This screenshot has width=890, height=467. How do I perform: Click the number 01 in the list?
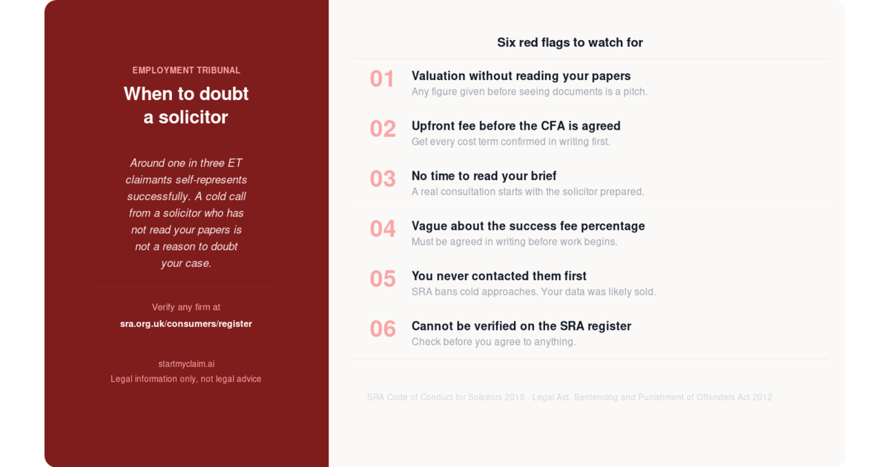382,79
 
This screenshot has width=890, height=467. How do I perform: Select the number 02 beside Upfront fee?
383,129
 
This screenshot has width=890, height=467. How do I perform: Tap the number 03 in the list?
383,179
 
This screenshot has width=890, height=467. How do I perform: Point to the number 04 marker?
383,229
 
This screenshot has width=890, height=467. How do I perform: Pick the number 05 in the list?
383,279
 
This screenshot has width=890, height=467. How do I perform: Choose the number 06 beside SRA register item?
383,329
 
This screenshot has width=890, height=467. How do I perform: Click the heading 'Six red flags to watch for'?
570,42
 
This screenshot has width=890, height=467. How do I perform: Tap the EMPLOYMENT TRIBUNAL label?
186,70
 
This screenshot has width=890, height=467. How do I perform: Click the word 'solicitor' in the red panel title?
193,117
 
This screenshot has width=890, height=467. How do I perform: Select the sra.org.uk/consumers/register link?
186,324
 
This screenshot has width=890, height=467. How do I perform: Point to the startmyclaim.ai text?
186,364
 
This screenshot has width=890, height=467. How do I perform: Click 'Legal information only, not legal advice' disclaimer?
186,379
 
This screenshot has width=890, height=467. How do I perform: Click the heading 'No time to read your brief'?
484,176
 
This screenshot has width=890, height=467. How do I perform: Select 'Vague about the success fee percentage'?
528,226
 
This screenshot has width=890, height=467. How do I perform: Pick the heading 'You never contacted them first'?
499,276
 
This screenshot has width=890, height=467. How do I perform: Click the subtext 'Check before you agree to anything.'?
493,342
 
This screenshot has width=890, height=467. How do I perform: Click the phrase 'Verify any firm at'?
186,307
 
